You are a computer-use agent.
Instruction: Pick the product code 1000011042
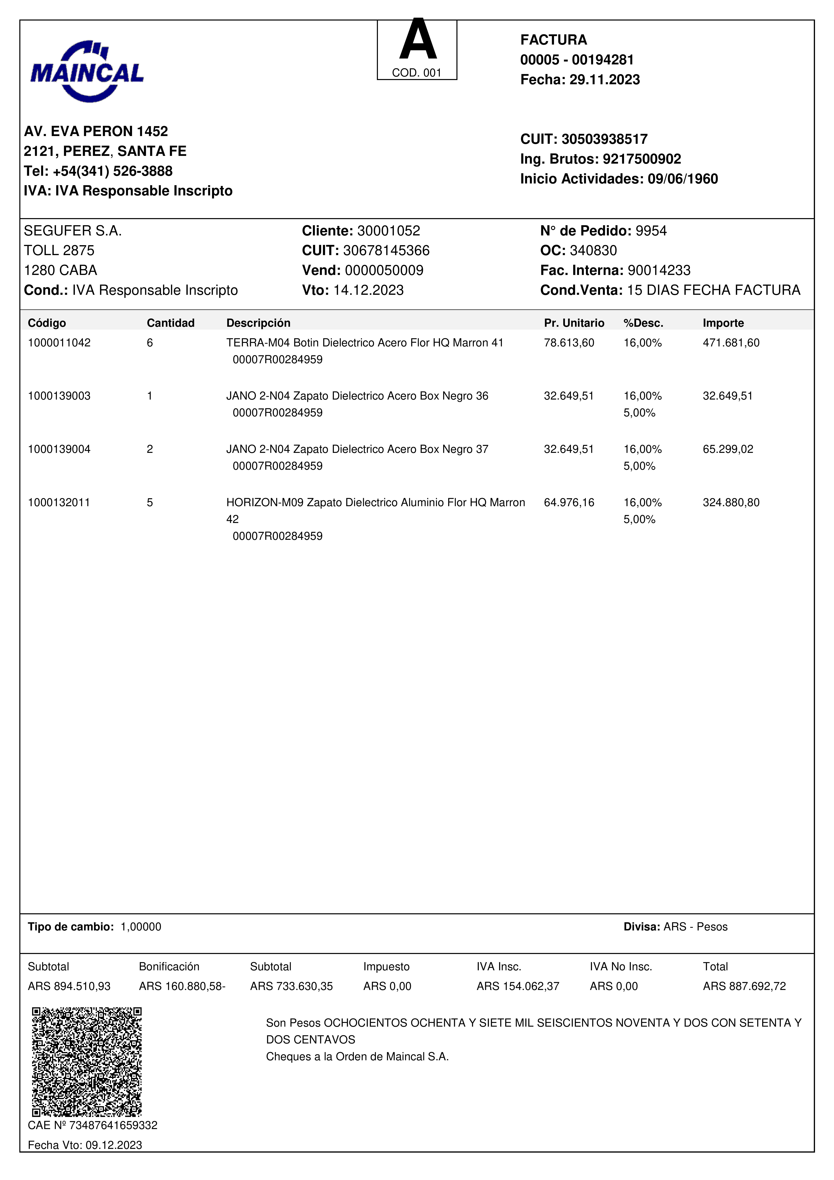tap(59, 343)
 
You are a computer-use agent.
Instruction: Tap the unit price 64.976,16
tap(569, 503)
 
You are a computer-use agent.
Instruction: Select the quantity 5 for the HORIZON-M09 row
tap(150, 503)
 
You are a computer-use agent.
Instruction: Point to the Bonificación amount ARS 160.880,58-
tap(182, 986)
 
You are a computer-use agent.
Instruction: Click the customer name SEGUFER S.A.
tap(72, 231)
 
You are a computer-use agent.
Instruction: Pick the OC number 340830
tap(594, 251)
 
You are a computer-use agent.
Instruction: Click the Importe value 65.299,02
tap(728, 449)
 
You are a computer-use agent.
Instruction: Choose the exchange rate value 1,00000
tap(141, 927)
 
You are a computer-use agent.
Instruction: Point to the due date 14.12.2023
tap(368, 290)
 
